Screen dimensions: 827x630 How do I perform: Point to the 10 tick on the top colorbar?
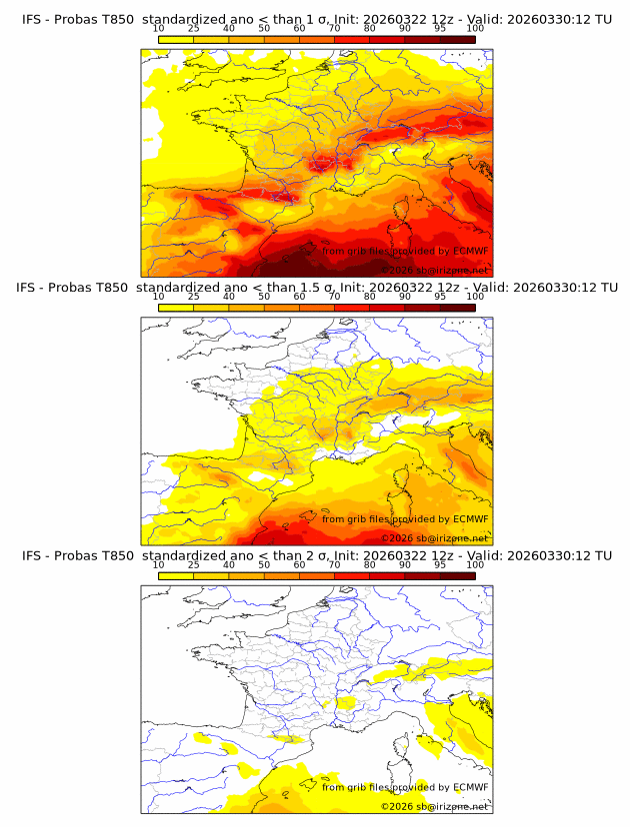click(158, 28)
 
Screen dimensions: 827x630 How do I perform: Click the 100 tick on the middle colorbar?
click(475, 297)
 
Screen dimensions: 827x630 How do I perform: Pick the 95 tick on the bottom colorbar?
click(440, 564)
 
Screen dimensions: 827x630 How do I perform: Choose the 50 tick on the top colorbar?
click(264, 28)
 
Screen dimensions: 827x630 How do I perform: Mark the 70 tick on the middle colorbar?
click(334, 297)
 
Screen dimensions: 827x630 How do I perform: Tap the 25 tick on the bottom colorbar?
click(193, 564)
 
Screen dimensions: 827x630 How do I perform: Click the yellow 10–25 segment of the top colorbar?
click(175, 39)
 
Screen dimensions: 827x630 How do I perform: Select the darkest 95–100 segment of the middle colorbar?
click(457, 308)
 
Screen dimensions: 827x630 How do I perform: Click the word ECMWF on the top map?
click(470, 251)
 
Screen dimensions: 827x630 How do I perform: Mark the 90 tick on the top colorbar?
click(405, 28)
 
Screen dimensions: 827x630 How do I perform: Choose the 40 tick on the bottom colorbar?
click(229, 564)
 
